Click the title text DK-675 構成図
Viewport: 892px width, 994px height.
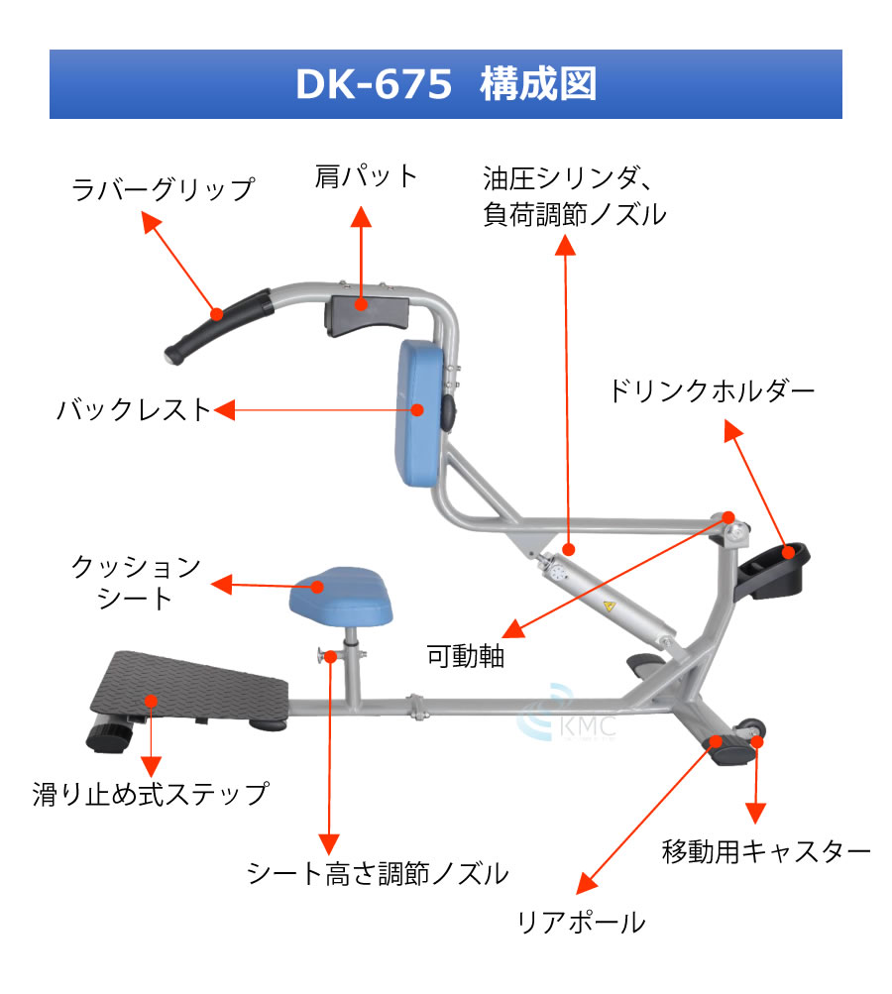click(446, 85)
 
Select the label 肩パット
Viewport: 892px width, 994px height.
click(366, 176)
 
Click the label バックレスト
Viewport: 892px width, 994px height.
click(135, 408)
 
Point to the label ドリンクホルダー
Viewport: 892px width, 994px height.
click(711, 391)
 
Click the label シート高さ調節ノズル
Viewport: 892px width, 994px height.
click(377, 873)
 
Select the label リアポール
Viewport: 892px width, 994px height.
click(581, 923)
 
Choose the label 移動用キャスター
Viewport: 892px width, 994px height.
click(765, 851)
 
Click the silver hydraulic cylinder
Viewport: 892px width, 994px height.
click(605, 595)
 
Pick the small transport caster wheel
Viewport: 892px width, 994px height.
click(755, 727)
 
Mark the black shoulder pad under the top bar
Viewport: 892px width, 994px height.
click(365, 313)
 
